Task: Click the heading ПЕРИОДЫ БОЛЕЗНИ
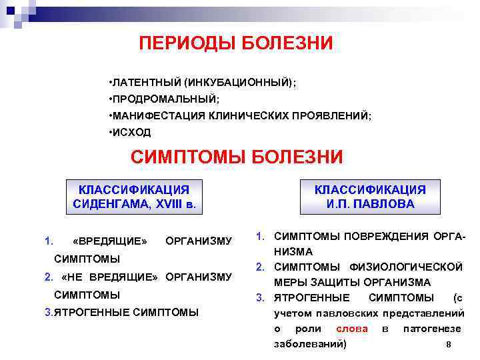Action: click(235, 43)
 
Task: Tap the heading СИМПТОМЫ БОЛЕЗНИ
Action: click(237, 157)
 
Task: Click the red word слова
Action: click(351, 329)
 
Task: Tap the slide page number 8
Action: click(448, 345)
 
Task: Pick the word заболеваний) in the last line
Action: click(310, 344)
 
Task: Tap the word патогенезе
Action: click(431, 329)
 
